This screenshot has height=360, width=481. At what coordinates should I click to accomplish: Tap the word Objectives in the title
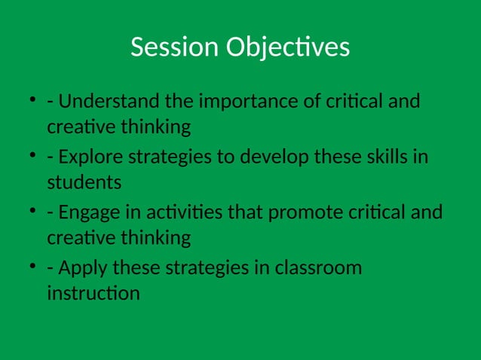click(x=288, y=48)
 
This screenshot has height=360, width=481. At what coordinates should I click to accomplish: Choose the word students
click(x=84, y=182)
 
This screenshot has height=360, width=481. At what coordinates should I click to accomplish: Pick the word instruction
click(x=93, y=293)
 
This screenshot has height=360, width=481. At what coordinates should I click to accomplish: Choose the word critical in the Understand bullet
click(x=366, y=101)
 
